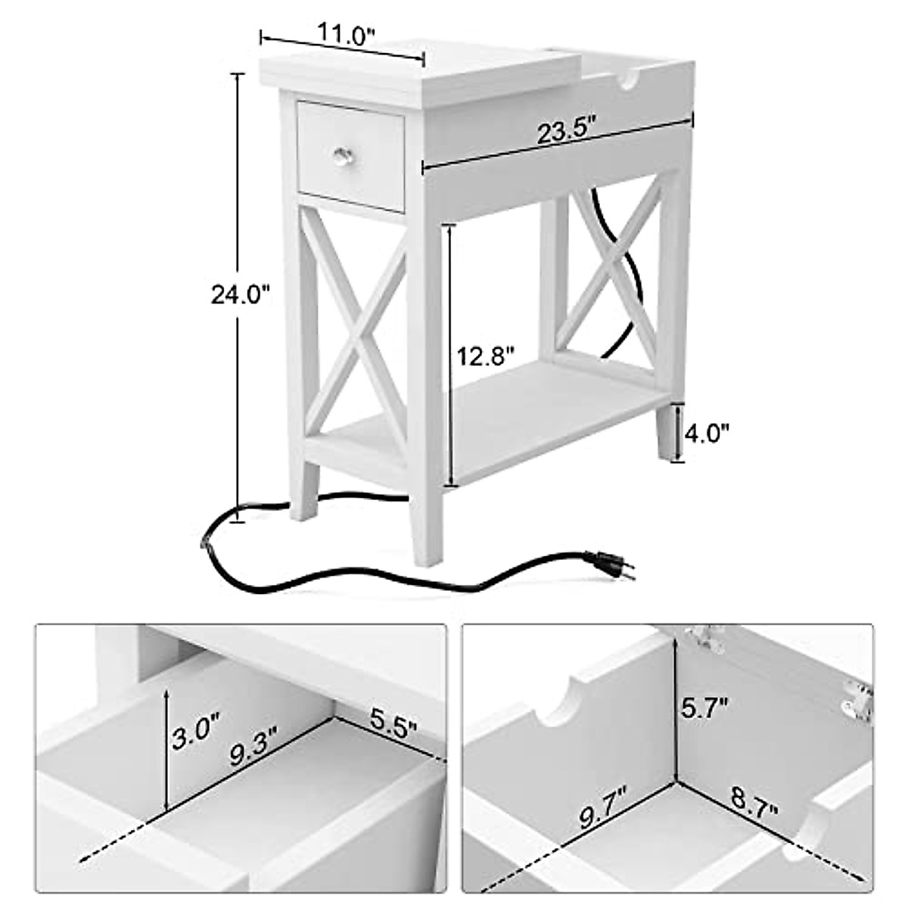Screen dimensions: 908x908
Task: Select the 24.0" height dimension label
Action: click(240, 295)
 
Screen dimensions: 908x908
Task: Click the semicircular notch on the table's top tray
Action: click(630, 82)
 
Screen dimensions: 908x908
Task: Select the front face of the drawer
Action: click(350, 156)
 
